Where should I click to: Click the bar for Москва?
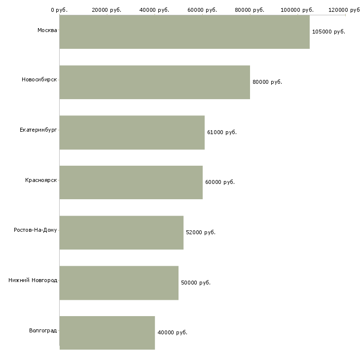184,32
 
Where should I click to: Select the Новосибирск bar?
154,82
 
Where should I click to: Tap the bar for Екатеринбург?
132,133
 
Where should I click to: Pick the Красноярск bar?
131,182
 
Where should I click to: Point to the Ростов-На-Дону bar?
121,233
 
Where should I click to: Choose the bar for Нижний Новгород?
119,283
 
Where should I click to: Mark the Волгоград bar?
107,333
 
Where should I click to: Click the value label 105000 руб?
328,32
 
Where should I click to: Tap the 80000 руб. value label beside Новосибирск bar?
267,82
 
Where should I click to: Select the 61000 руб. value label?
221,133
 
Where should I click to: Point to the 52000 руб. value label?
200,233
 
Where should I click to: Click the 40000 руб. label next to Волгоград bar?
172,333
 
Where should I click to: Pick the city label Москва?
47,31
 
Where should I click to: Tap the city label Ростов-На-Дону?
36,230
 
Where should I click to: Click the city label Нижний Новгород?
33,281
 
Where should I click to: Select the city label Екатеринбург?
38,130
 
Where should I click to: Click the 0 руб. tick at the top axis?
59,10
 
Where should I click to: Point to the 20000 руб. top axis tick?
107,10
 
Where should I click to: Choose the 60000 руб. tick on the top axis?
202,10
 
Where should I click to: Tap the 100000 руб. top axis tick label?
297,10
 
